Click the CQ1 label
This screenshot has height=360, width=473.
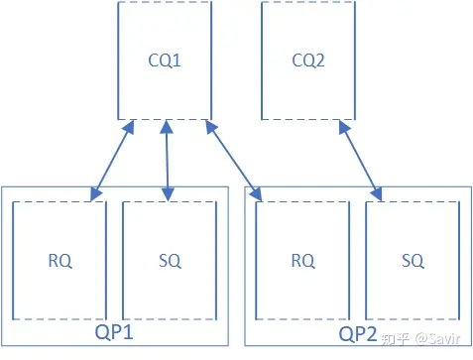(x=164, y=62)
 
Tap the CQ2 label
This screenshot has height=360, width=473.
(x=308, y=62)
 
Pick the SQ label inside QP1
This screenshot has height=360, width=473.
(x=169, y=261)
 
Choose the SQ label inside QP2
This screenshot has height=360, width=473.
(x=413, y=261)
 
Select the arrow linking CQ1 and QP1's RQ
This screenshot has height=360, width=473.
(x=112, y=158)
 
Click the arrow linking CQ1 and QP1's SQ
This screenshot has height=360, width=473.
(x=166, y=158)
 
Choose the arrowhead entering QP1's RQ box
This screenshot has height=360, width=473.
(x=94, y=190)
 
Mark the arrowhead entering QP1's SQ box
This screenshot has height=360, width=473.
(x=167, y=190)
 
